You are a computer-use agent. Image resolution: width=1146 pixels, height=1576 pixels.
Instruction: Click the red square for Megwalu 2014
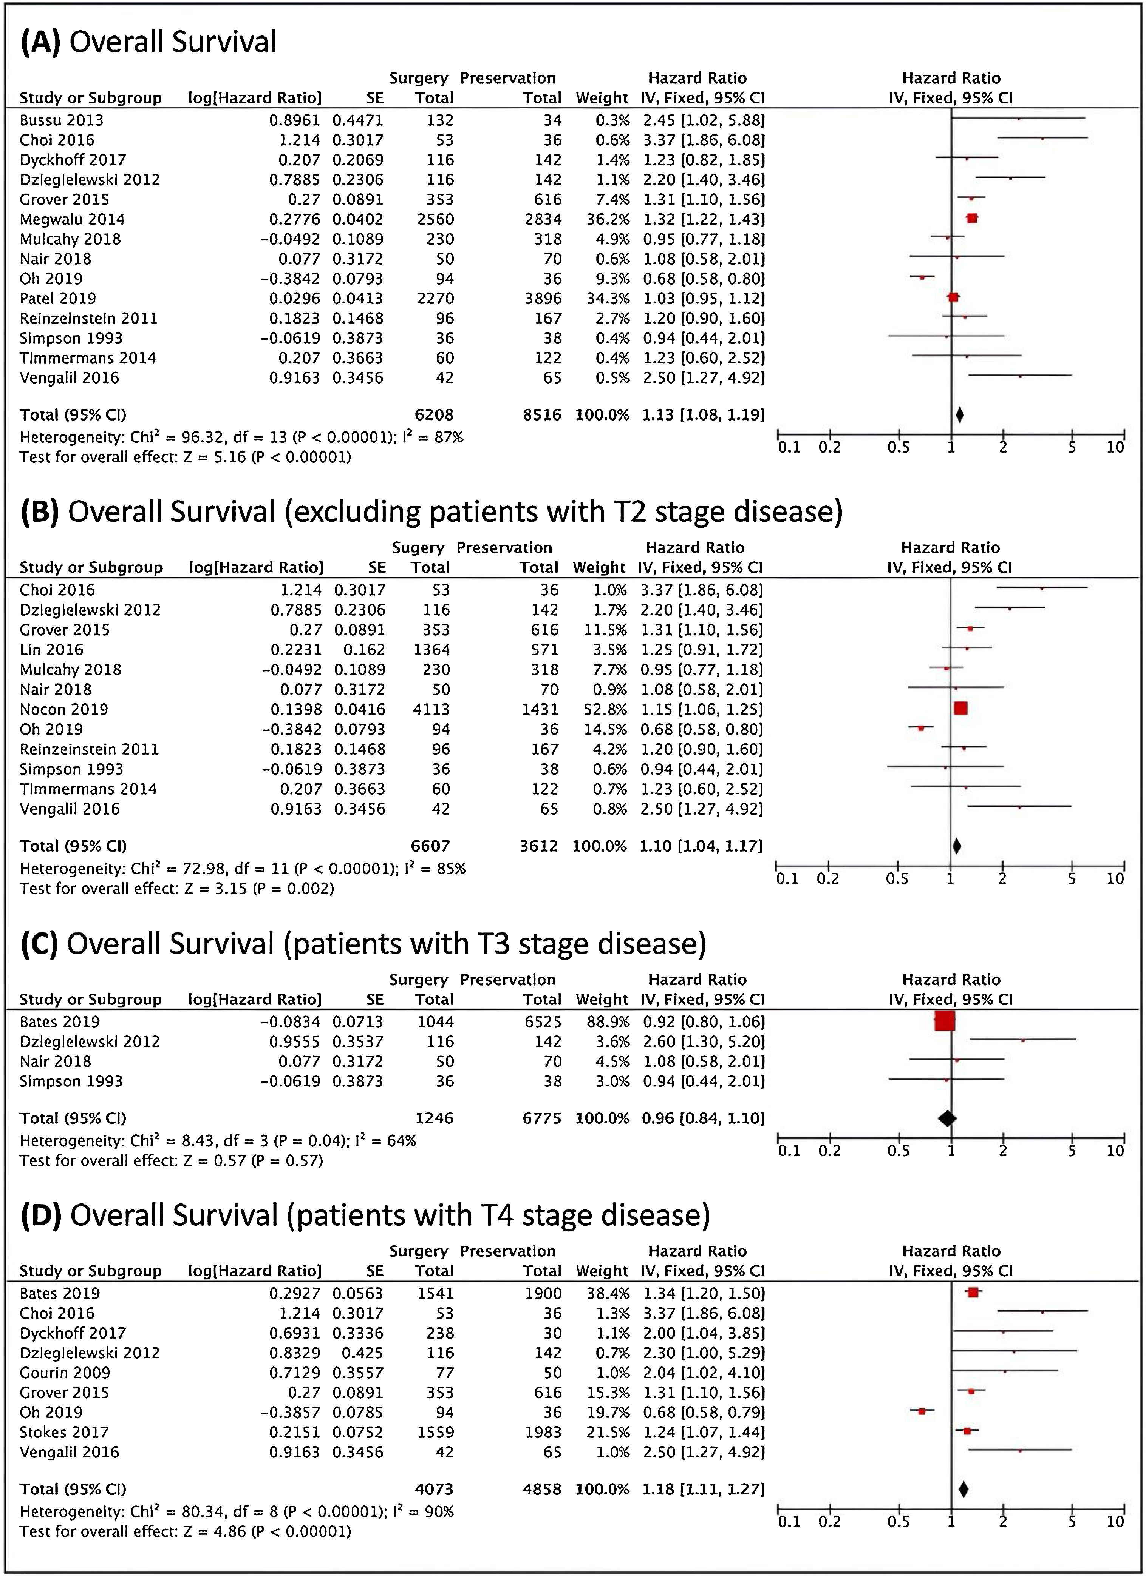pos(972,218)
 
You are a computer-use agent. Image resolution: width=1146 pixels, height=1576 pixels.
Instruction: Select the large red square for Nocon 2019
pos(960,708)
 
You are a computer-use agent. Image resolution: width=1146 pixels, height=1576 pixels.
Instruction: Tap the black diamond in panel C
pos(946,1118)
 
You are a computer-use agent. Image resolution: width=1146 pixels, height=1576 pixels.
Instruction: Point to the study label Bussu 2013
pos(61,120)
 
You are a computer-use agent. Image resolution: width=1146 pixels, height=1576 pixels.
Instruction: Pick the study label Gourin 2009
pos(65,1373)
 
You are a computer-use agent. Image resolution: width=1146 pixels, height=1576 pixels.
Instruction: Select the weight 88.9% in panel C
pos(602,1021)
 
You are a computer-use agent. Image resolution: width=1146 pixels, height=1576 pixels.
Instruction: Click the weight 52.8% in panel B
pos(599,709)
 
